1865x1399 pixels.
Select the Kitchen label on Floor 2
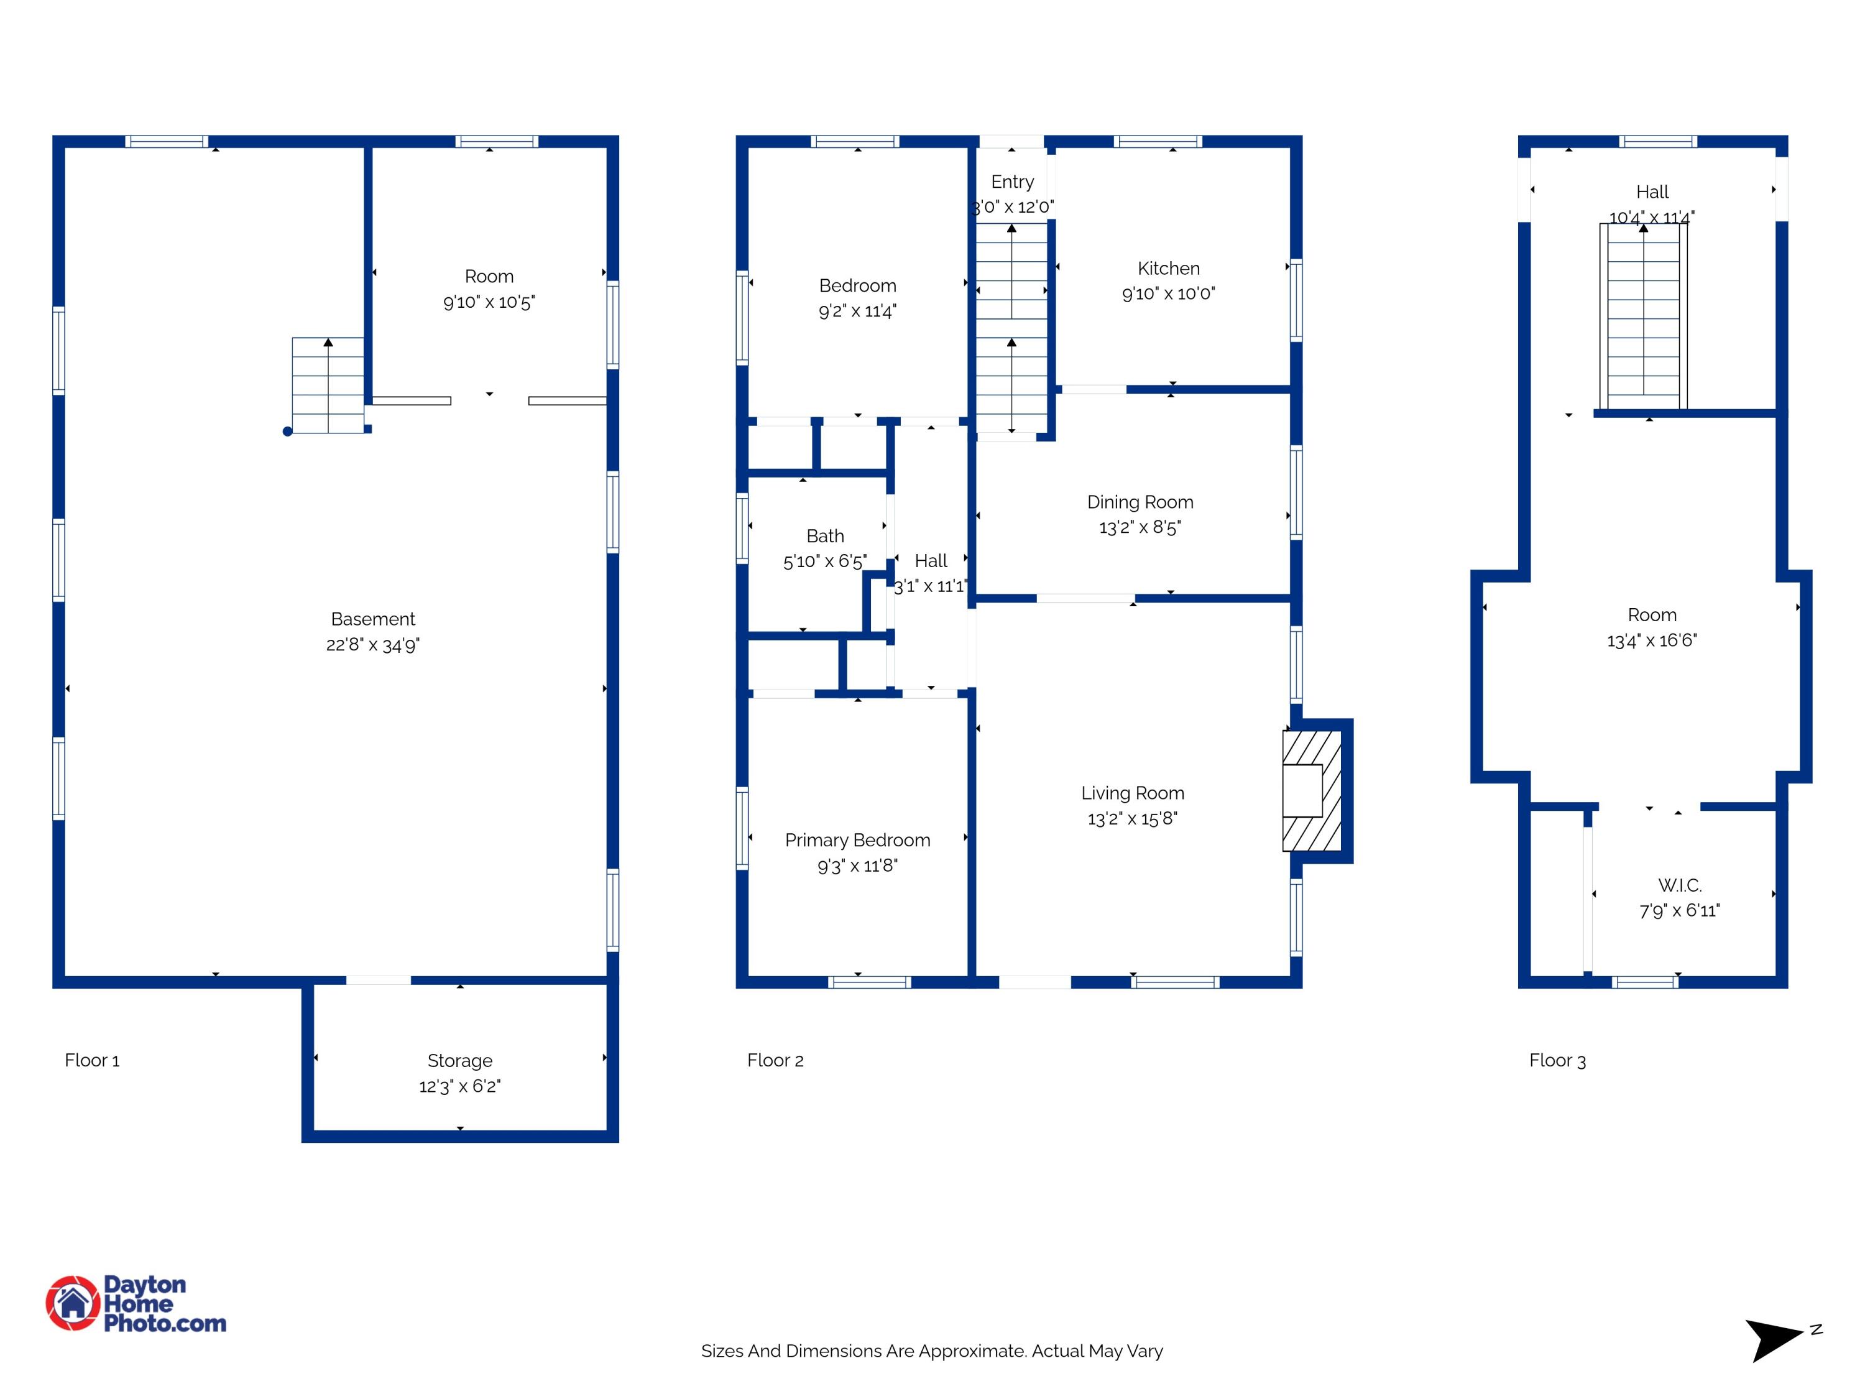click(1169, 268)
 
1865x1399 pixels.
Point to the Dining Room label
click(1140, 502)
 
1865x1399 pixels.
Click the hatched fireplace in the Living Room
click(1312, 791)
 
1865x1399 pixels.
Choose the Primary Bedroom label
click(857, 840)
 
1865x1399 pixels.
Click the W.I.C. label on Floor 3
click(1680, 885)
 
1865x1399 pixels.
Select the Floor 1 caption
click(92, 1060)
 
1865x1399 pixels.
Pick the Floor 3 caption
click(1557, 1060)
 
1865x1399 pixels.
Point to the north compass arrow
click(1773, 1340)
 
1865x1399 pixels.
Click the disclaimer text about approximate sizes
click(932, 1351)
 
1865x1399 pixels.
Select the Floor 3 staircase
click(1643, 316)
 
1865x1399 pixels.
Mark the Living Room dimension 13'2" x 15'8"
click(1132, 819)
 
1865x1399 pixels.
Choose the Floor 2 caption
click(775, 1060)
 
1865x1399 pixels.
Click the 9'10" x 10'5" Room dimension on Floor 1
click(489, 302)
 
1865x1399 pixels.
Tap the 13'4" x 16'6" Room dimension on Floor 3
click(1652, 641)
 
